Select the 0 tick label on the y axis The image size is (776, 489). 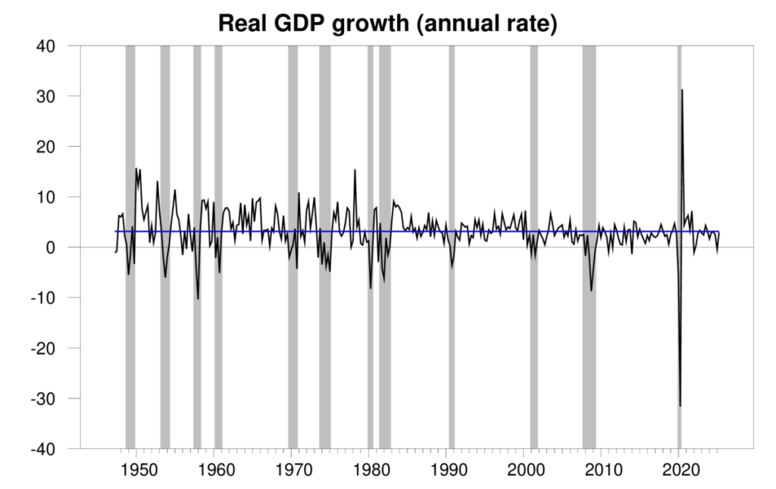56,248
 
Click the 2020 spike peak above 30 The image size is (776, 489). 682,90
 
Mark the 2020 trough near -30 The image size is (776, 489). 680,406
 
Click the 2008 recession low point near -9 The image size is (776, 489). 592,291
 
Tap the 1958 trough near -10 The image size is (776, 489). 199,299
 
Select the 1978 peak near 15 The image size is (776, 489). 355,170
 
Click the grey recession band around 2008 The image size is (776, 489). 589,151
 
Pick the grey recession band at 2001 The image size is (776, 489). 533,151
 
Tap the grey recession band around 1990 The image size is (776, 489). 452,151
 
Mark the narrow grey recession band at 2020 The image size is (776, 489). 679,151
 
